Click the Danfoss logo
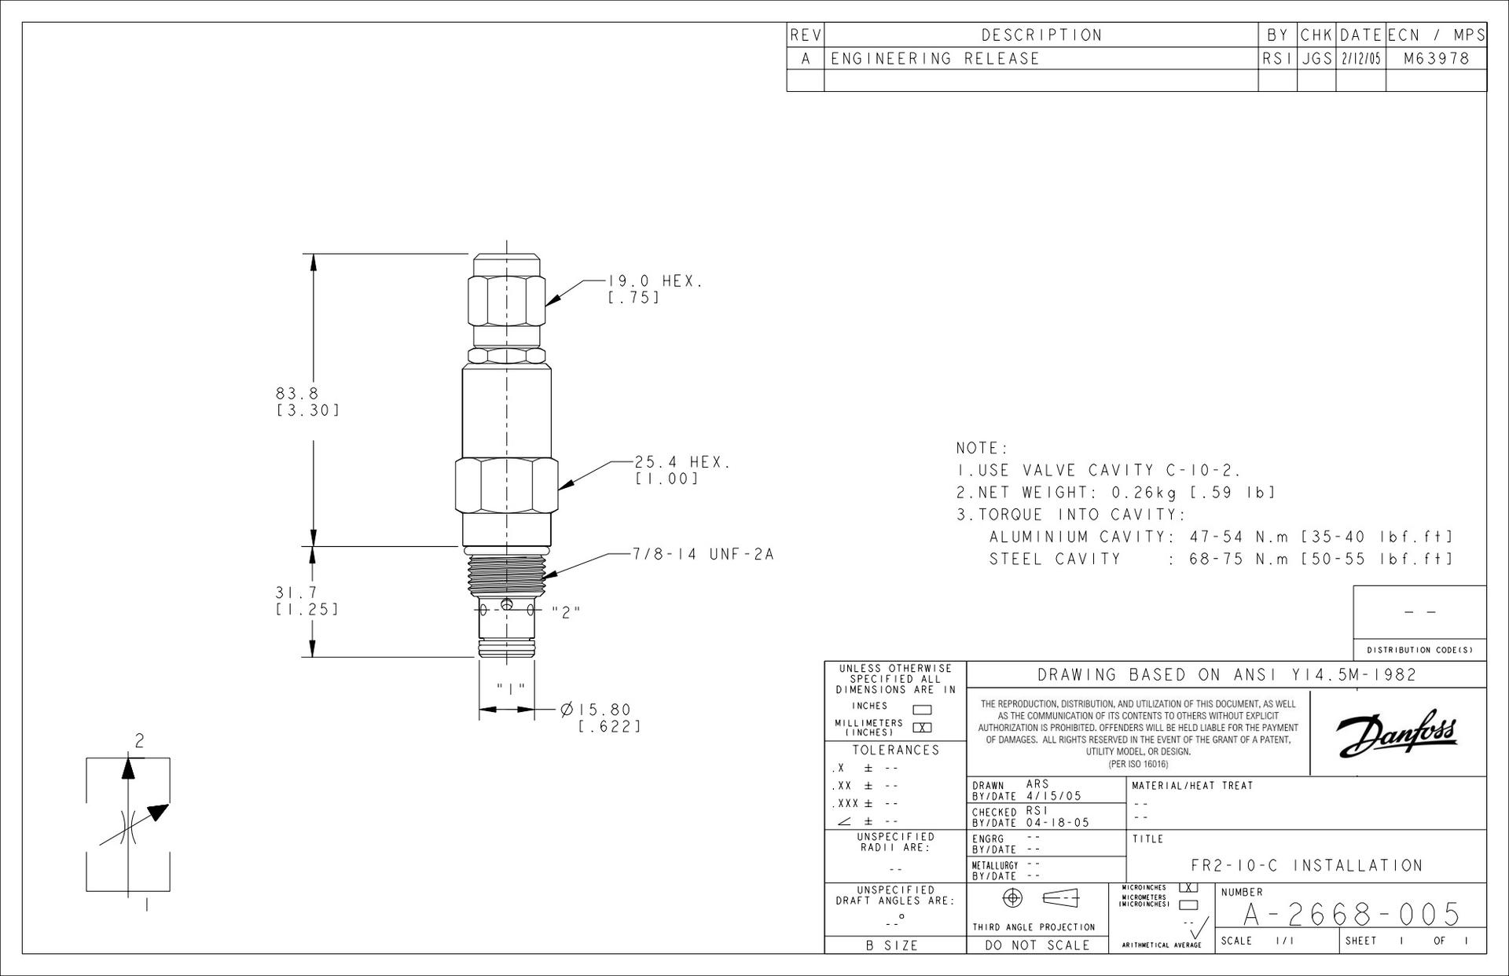pyautogui.click(x=1397, y=732)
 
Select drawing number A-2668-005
pyautogui.click(x=1351, y=914)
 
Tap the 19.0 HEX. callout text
pyautogui.click(x=655, y=281)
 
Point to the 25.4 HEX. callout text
pyautogui.click(x=682, y=462)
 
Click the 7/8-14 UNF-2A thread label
pyautogui.click(x=703, y=554)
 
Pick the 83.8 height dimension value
pyautogui.click(x=297, y=393)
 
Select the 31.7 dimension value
pyautogui.click(x=296, y=592)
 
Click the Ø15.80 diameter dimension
pyautogui.click(x=596, y=710)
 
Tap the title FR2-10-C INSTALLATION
pyautogui.click(x=1307, y=865)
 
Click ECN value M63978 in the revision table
pyautogui.click(x=1436, y=58)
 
